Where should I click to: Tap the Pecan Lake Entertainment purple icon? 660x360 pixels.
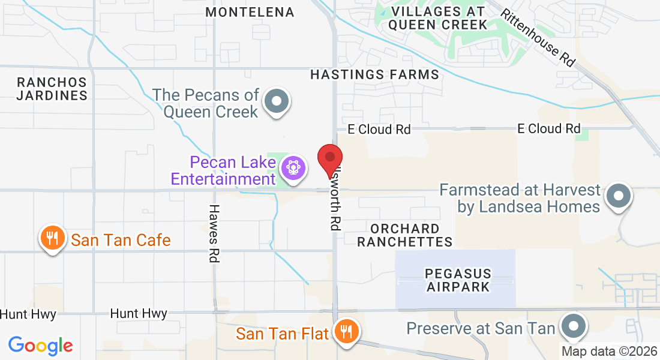[293, 166]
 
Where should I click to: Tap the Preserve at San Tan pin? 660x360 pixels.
[573, 326]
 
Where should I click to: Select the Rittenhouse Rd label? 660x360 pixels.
[538, 37]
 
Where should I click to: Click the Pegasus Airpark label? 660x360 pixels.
[458, 280]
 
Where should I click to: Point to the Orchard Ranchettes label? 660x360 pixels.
[411, 235]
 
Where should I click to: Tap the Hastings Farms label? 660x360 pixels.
[375, 74]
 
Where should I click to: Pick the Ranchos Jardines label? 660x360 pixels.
[52, 89]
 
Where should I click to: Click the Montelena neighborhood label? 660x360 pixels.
[250, 12]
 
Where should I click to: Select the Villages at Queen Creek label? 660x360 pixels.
[437, 18]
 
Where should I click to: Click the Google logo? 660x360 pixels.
[40, 345]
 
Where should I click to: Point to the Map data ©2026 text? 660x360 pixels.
[609, 351]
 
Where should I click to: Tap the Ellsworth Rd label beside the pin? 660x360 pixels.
[335, 198]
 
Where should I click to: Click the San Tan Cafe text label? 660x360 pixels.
[121, 241]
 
